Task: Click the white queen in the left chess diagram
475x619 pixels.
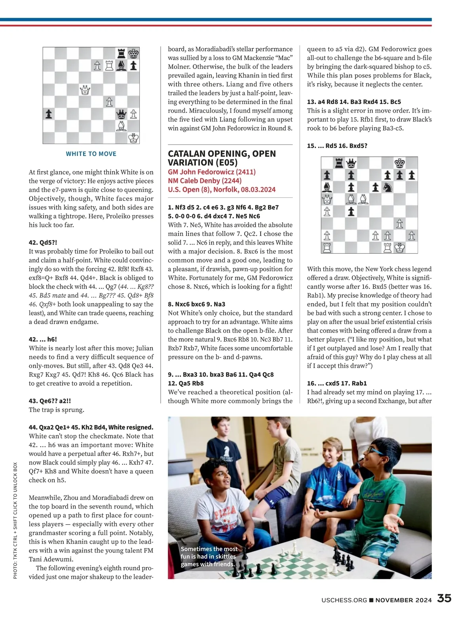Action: point(85,90)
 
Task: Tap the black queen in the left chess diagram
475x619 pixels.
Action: point(122,114)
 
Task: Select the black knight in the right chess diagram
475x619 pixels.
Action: point(387,187)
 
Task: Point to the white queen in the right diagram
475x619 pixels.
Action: point(327,199)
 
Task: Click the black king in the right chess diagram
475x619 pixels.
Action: point(400,163)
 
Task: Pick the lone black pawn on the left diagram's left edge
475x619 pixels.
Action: point(48,114)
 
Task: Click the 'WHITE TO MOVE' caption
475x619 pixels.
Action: point(91,154)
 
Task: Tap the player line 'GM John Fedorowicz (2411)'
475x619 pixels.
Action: point(212,172)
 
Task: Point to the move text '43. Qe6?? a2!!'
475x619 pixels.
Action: point(50,401)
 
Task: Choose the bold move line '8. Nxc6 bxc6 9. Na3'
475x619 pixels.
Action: point(196,304)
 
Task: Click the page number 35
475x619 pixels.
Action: point(444,598)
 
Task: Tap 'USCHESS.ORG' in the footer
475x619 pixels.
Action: point(344,600)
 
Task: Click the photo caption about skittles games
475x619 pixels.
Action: point(209,556)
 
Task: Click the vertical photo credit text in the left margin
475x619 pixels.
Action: point(15,520)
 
